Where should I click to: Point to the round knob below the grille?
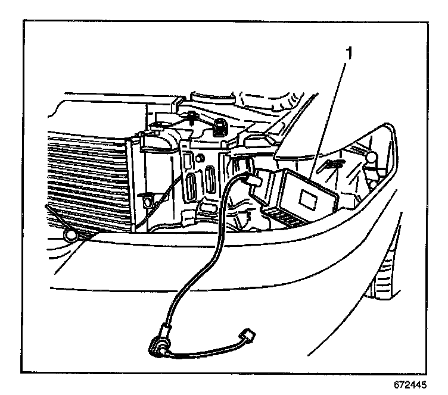pos(70,237)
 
